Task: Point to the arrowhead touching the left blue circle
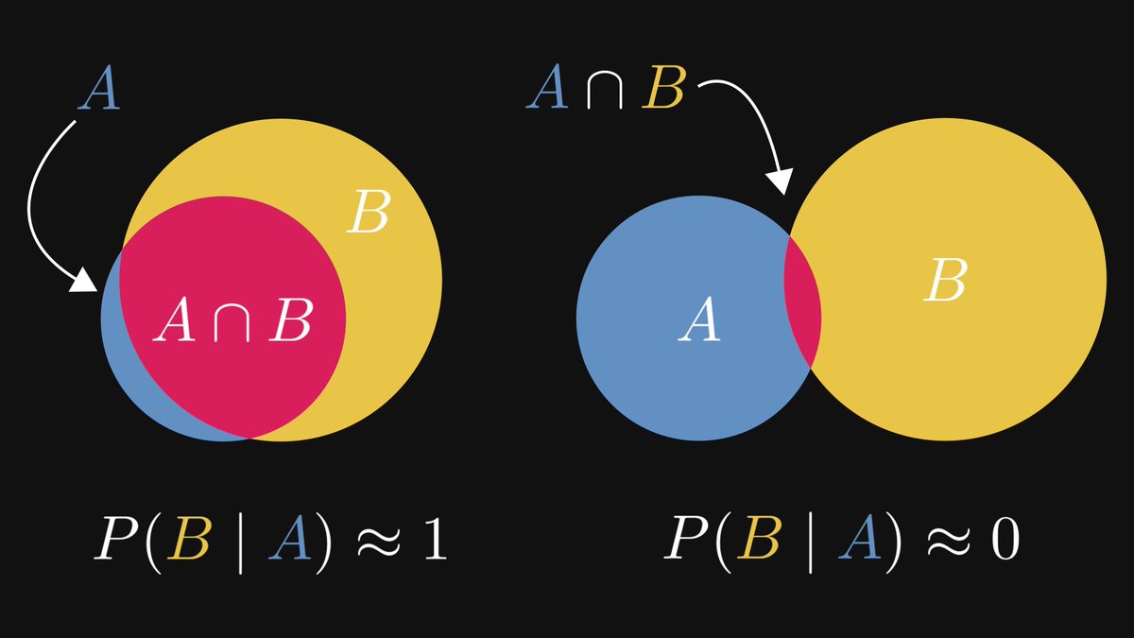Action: pos(87,282)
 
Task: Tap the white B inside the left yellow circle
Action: pos(368,214)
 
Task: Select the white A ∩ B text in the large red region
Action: pos(232,321)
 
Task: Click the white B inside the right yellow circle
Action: pos(945,281)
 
